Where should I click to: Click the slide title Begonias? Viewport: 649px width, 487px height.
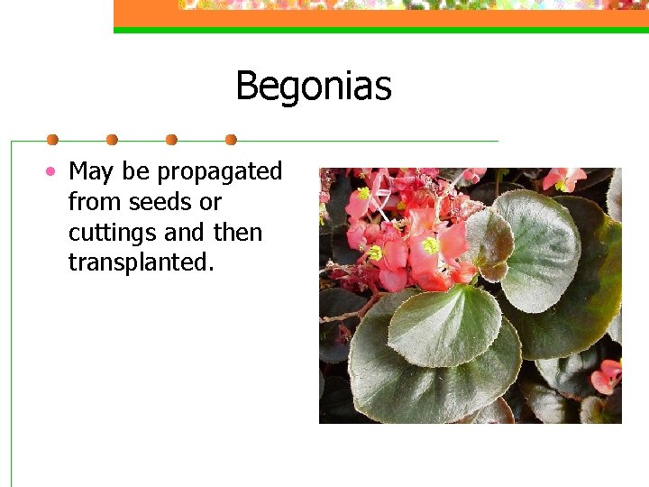coord(313,87)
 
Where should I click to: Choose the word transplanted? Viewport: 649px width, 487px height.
coord(141,262)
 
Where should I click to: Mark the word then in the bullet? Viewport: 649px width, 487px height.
coord(237,232)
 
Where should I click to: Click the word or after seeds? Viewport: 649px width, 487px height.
coord(210,202)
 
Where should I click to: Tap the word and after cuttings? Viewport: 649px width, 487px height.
coord(184,232)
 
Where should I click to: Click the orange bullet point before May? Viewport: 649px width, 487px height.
coord(55,170)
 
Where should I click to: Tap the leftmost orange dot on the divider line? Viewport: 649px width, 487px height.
coord(52,140)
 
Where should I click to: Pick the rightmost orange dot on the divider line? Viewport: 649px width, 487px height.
coord(231,140)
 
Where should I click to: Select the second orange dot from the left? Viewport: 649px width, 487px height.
coord(112,140)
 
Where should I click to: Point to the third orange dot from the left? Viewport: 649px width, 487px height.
coord(171,140)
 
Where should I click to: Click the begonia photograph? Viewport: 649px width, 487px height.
coord(470,295)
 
